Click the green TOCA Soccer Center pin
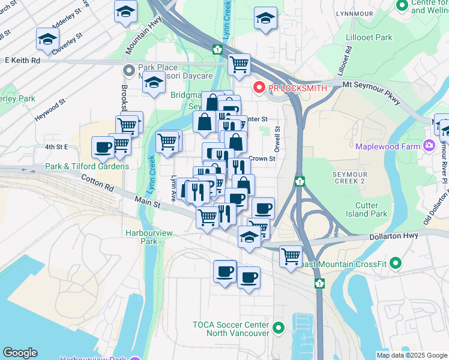(278, 329)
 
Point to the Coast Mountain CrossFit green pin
(395, 263)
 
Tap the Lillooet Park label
(369, 37)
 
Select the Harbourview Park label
(141, 236)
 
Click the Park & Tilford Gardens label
(87, 166)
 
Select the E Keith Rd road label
(23, 61)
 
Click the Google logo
(20, 353)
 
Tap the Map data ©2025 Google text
(411, 355)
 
